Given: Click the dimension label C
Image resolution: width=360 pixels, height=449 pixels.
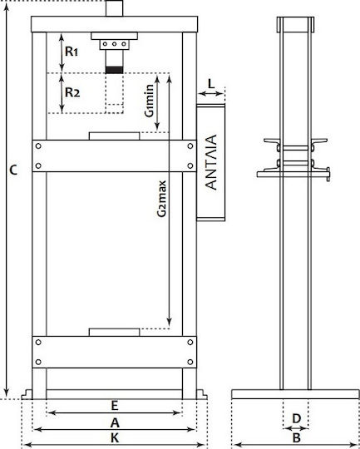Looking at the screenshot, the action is click(13, 170).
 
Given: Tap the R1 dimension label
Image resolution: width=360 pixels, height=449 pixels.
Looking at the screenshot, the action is click(72, 52).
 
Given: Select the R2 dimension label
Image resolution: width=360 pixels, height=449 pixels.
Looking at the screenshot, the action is click(72, 92).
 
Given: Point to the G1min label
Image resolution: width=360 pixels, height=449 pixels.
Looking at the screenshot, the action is click(149, 101).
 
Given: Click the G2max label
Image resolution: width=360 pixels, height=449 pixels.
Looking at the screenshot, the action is click(162, 199).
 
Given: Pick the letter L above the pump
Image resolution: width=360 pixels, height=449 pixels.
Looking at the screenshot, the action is click(211, 84).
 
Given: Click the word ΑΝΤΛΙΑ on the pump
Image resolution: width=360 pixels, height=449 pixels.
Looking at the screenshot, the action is click(211, 162).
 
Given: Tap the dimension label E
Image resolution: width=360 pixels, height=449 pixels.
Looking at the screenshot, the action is click(115, 406).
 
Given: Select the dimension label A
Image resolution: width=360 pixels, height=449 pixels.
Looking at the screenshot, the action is click(115, 422).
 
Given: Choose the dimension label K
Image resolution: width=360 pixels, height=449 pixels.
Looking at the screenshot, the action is click(115, 438).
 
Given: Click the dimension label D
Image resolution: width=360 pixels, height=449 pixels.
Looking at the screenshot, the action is click(297, 418).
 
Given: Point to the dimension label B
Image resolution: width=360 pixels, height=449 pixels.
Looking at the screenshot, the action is click(297, 438).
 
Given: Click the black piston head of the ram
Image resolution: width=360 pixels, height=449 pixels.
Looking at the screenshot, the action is click(114, 70).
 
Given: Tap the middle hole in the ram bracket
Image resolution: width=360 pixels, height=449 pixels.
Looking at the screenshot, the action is click(114, 44).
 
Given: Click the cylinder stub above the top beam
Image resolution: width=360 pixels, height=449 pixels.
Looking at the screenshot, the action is click(114, 8).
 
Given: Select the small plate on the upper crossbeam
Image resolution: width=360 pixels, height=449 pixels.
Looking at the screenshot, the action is click(114, 136).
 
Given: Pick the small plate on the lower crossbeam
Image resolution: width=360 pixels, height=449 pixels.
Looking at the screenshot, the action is click(114, 332).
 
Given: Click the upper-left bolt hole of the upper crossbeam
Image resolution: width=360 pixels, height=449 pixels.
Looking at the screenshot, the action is click(38, 146).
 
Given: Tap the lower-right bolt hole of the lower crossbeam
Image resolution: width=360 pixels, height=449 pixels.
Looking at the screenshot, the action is click(190, 362).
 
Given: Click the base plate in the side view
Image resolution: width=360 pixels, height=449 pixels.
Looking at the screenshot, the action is click(295, 394).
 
